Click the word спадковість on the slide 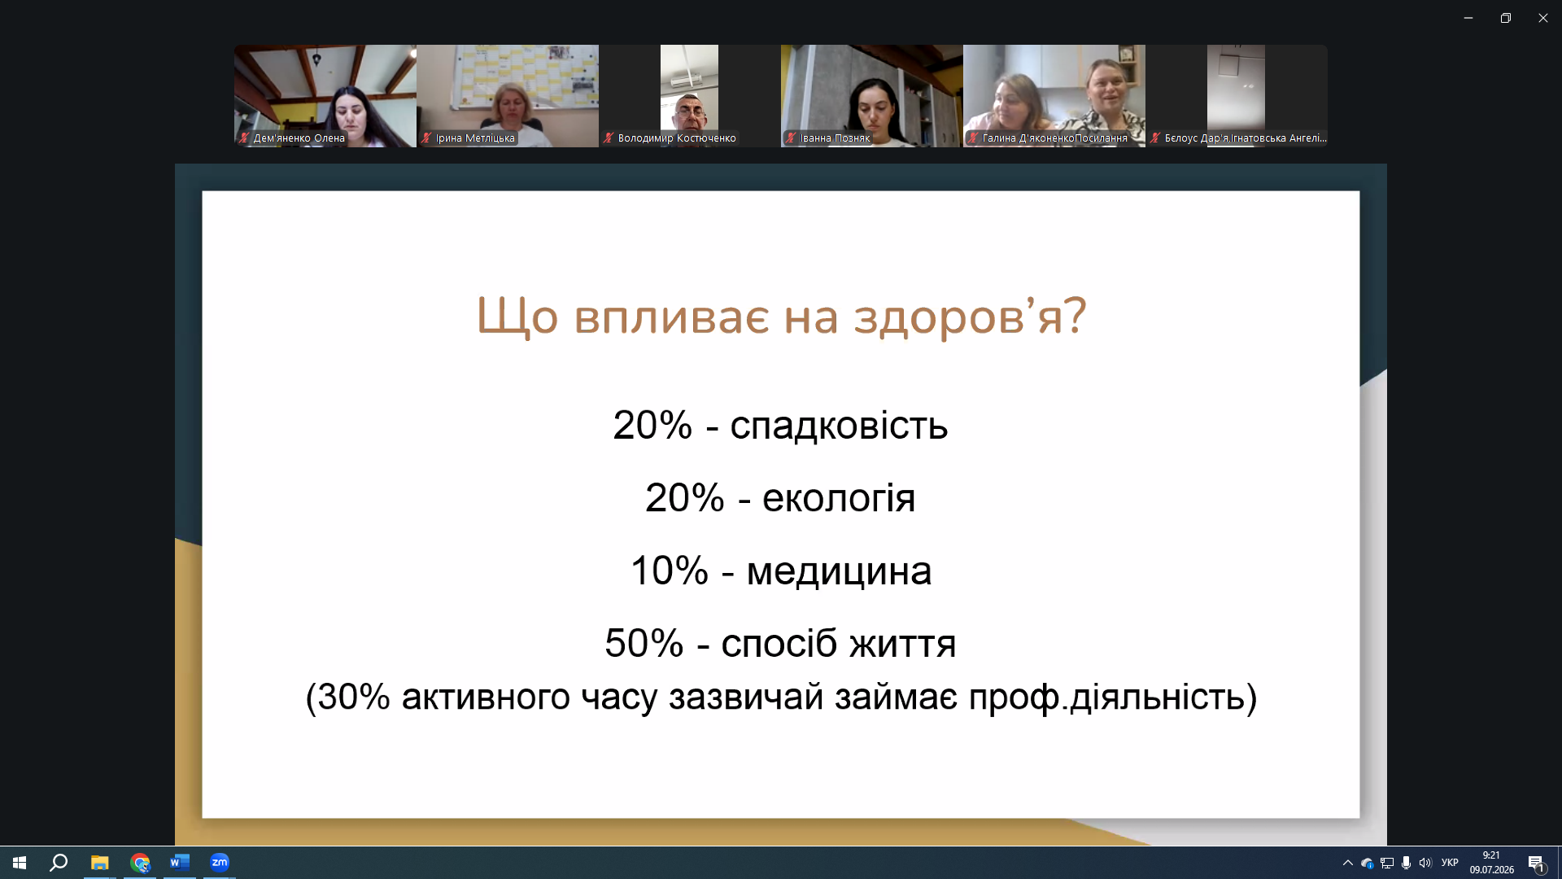tap(839, 425)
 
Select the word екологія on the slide tap(839, 498)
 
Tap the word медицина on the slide tap(839, 571)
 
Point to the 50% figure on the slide tap(644, 643)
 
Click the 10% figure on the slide tap(670, 571)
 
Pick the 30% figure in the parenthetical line tap(354, 697)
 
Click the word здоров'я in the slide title tap(969, 316)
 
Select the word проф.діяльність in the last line tap(1106, 697)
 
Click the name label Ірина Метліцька tap(475, 138)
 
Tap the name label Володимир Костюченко tap(677, 138)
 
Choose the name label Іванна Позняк tap(835, 138)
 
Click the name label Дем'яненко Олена tap(299, 138)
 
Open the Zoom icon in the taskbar tap(220, 863)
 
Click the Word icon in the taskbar tap(180, 863)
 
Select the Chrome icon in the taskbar tap(140, 863)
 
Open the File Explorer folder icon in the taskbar tap(99, 863)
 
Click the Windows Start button tap(20, 863)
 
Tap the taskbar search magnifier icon tap(59, 863)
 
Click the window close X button tap(1542, 18)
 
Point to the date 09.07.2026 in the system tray tap(1491, 870)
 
